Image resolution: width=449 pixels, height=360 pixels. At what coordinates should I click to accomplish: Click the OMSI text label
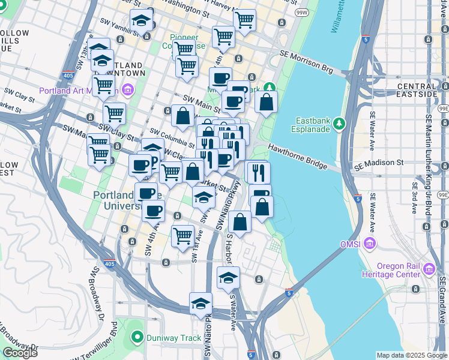(x=351, y=244)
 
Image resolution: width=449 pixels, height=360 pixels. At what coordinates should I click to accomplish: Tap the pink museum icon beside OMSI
(x=370, y=244)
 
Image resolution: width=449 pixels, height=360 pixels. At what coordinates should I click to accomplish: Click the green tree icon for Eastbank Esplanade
(x=340, y=123)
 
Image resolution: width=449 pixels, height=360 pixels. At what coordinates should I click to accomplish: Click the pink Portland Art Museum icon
(x=127, y=91)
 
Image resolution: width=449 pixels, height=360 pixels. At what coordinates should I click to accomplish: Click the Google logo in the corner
(x=20, y=353)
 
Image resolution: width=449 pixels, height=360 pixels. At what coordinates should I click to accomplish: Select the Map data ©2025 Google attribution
(x=412, y=355)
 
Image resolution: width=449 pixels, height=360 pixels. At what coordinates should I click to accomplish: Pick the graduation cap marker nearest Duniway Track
(x=200, y=303)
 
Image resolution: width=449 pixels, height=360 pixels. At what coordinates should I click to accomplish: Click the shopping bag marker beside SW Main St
(x=182, y=115)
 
